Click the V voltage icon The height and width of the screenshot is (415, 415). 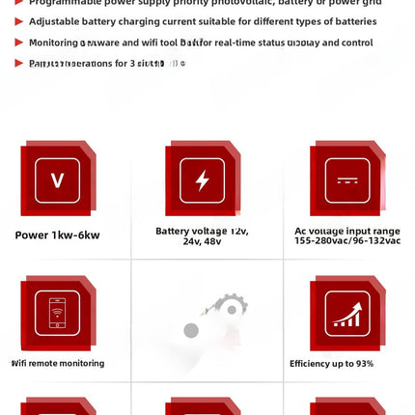point(57,180)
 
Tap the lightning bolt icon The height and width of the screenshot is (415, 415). point(202,180)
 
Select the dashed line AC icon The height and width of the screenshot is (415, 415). point(346,180)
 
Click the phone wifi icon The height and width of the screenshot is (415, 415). point(57,313)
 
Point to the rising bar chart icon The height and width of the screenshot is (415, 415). point(346,313)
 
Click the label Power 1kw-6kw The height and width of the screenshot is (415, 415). point(57,235)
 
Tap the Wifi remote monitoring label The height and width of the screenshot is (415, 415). point(58,364)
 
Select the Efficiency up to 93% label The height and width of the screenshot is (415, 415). point(331,364)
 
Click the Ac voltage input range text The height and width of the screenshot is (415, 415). point(346,231)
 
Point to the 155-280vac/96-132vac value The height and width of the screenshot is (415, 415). point(346,241)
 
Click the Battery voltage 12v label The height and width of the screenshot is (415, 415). point(202,231)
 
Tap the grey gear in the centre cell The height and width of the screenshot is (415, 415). point(230,308)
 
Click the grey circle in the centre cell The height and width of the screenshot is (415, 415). point(191,331)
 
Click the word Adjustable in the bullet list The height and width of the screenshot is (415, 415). point(55,21)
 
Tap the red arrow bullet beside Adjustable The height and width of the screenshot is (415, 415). point(18,21)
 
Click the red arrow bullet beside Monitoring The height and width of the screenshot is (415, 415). point(18,42)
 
